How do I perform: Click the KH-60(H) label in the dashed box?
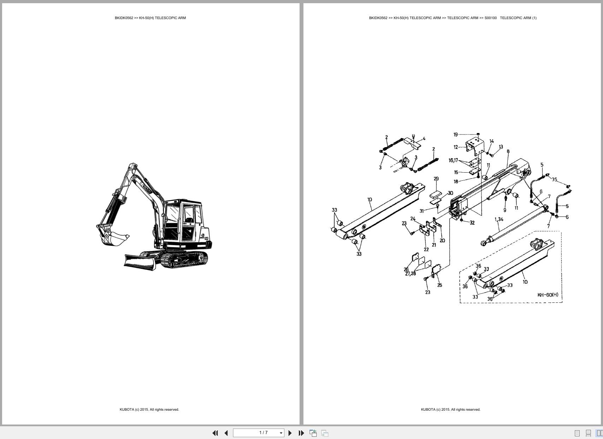coord(548,295)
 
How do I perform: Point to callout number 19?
coord(455,134)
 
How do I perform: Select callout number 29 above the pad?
coord(436,179)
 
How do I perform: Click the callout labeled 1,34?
coord(499,219)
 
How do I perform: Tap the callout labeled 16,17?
coord(453,160)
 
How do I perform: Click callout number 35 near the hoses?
coord(554,179)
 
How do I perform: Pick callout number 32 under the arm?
coord(472,223)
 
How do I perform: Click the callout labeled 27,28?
coord(410,273)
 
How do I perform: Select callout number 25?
coord(439,285)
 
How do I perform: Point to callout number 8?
coord(508,151)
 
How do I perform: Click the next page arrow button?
coord(290,433)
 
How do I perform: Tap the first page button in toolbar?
coord(215,433)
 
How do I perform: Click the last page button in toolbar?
coord(301,433)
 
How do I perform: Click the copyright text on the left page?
coord(149,410)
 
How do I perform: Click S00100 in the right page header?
coord(490,18)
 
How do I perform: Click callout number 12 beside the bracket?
coord(456,147)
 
